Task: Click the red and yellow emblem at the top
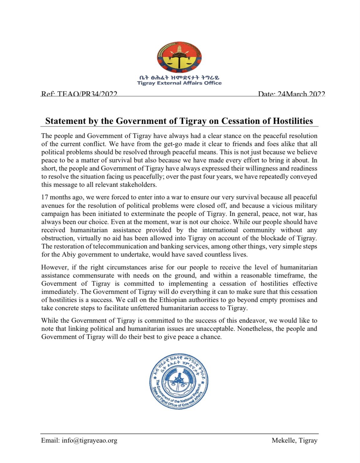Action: pos(179,58)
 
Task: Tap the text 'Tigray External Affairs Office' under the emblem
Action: pos(179,83)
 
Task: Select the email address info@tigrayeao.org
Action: pos(90,440)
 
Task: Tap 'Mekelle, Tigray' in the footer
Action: pos(295,440)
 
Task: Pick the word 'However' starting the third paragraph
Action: pos(54,267)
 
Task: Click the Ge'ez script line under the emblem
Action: pos(179,77)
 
